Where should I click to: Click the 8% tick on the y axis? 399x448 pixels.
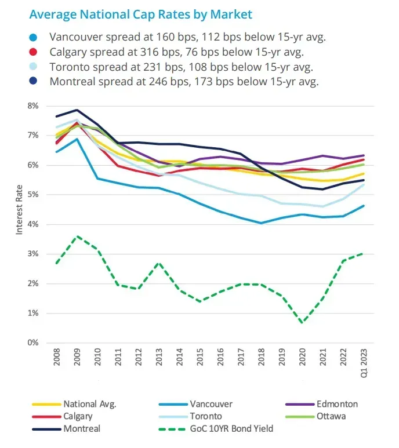[x=31, y=106]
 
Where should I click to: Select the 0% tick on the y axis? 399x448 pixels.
[x=31, y=343]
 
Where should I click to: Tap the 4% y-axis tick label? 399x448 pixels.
[x=31, y=224]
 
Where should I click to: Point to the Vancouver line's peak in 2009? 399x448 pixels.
[x=77, y=139]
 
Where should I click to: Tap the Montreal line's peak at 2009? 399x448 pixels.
[x=77, y=110]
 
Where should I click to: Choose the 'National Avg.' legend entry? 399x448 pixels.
[x=90, y=404]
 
